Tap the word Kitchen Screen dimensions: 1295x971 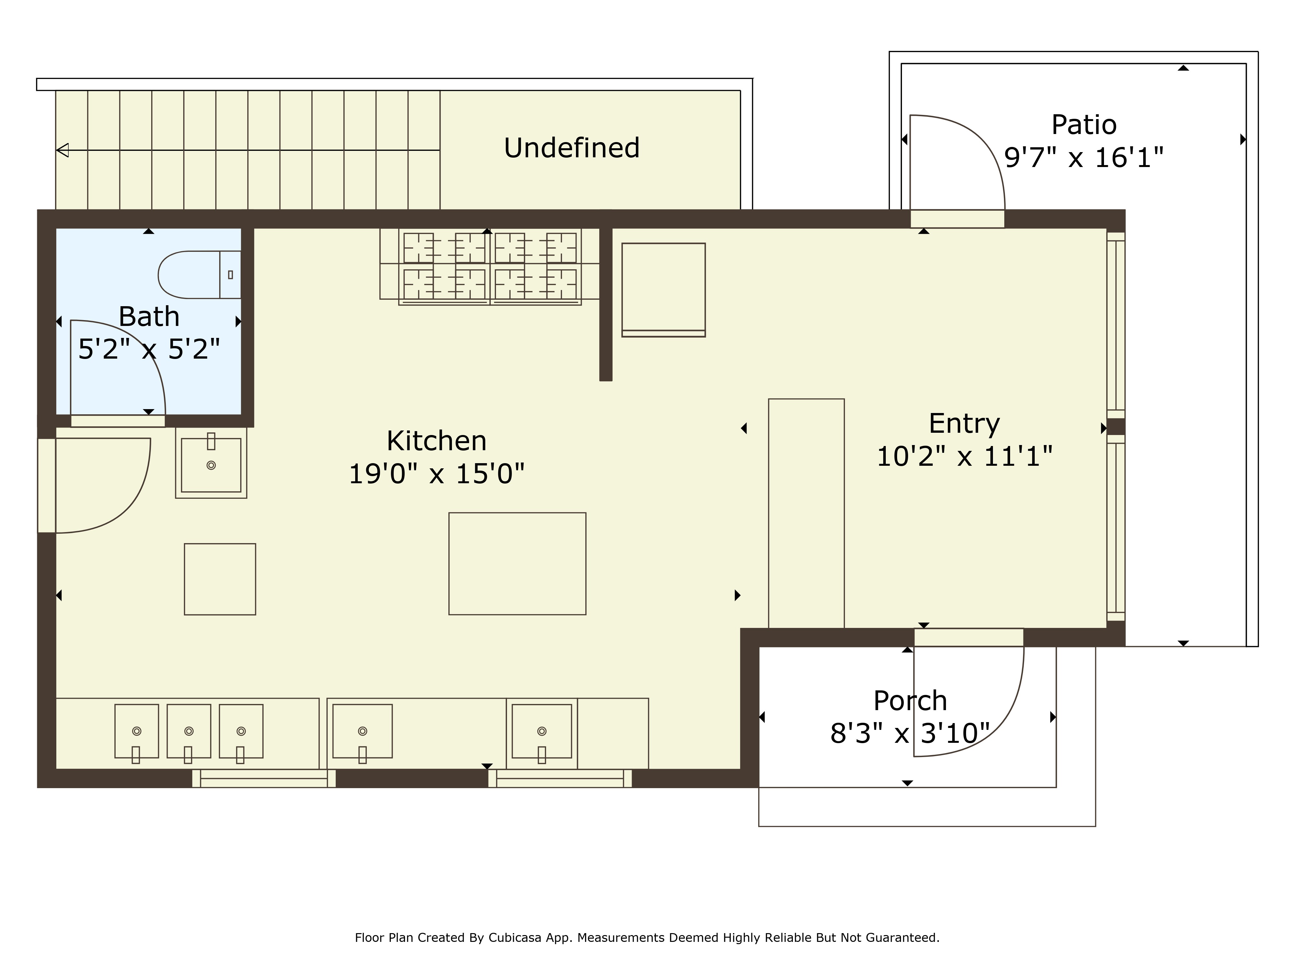[x=437, y=441]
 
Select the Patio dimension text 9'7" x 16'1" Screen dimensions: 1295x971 [x=1084, y=157]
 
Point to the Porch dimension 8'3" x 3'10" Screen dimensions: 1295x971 [x=910, y=733]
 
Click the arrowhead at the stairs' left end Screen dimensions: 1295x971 [x=62, y=151]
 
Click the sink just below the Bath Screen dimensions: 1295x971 [x=211, y=463]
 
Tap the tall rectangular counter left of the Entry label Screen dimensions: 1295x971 [x=806, y=513]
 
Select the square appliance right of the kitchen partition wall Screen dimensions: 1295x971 [x=663, y=290]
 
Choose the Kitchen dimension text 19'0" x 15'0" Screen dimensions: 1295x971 [x=437, y=474]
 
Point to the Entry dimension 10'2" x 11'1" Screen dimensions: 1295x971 [x=964, y=456]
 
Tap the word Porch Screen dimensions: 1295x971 [x=910, y=701]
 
